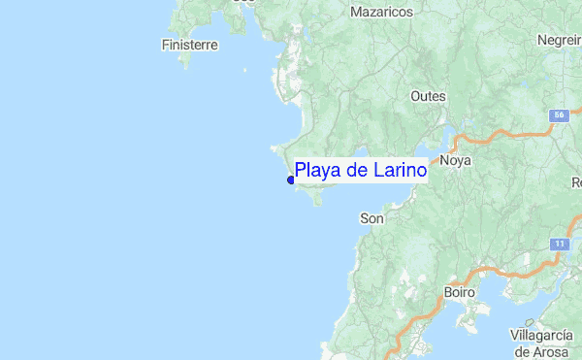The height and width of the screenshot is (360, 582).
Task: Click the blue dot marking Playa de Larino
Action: (x=291, y=180)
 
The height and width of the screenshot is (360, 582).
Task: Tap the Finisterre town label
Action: (x=189, y=45)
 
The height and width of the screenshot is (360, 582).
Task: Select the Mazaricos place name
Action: (x=381, y=12)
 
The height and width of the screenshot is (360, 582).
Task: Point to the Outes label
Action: (x=428, y=96)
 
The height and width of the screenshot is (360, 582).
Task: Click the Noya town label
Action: (x=455, y=161)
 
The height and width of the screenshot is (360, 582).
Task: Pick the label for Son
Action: (x=372, y=218)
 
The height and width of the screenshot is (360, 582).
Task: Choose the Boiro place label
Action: (x=459, y=291)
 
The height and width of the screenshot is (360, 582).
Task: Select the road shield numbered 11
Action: (x=560, y=243)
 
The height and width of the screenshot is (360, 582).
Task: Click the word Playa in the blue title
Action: (x=318, y=171)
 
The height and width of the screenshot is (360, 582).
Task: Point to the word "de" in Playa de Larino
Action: (x=357, y=171)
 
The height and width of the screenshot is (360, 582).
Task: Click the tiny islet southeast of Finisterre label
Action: (x=243, y=69)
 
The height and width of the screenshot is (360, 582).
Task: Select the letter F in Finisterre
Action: (x=166, y=45)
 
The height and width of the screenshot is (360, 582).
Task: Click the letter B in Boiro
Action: (x=446, y=291)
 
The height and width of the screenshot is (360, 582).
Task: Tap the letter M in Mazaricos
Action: (x=356, y=12)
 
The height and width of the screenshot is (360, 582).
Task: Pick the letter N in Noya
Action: (x=444, y=161)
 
